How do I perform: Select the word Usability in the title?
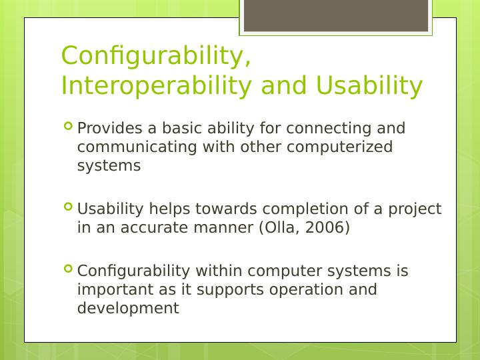coord(369,86)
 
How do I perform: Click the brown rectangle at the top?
coord(335,15)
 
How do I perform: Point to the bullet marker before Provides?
coord(68,126)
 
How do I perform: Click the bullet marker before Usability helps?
coord(68,207)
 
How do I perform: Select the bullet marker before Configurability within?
coord(68,269)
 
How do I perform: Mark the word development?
coord(128,308)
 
